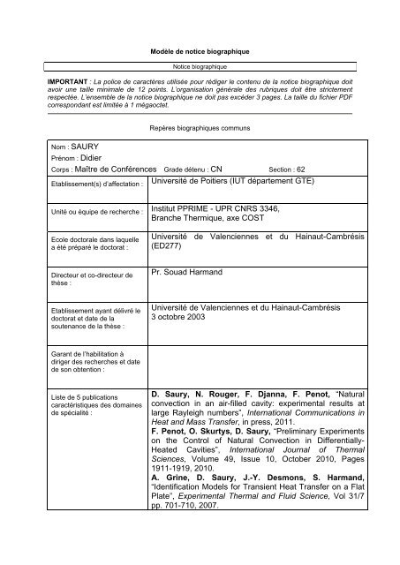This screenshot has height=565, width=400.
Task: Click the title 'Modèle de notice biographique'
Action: tap(200, 53)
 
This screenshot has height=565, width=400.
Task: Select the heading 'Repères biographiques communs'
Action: tap(200, 128)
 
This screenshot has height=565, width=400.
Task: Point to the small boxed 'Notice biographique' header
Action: tap(199, 65)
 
